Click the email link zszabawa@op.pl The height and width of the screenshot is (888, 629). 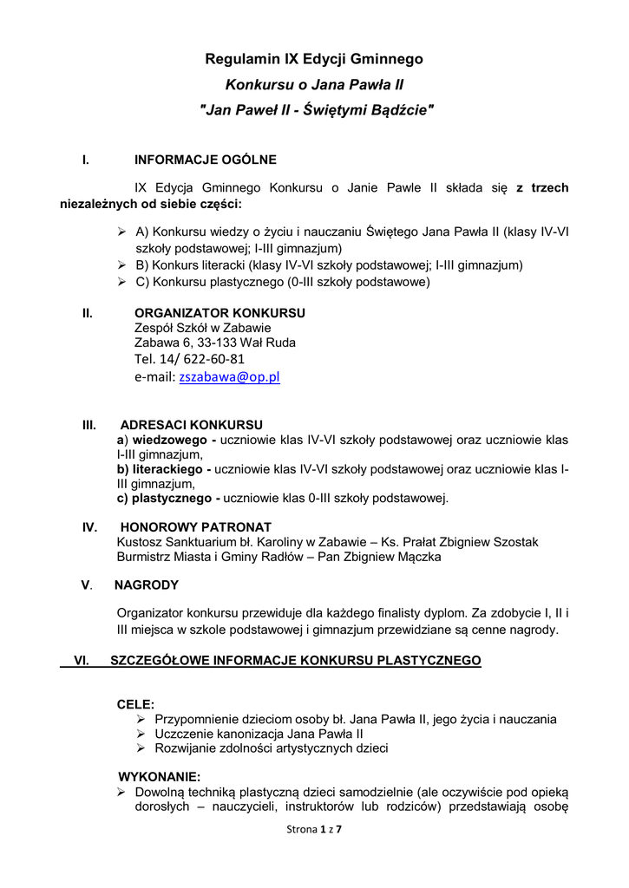click(x=229, y=377)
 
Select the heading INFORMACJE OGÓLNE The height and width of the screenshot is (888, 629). click(x=206, y=160)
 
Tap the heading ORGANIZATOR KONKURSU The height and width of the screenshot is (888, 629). click(x=219, y=313)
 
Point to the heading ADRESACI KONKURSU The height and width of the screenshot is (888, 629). click(x=191, y=426)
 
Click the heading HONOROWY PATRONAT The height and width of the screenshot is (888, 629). click(x=195, y=527)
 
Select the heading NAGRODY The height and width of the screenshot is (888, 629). click(x=147, y=584)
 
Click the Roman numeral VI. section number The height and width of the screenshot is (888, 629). click(x=83, y=661)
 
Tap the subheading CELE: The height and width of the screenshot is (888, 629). click(x=136, y=705)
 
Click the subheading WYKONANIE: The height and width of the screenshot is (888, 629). click(x=159, y=777)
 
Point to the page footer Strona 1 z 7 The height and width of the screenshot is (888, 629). click(x=315, y=830)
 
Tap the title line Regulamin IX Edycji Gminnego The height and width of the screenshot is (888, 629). click(x=314, y=59)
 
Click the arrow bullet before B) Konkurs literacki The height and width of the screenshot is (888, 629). click(x=123, y=265)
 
